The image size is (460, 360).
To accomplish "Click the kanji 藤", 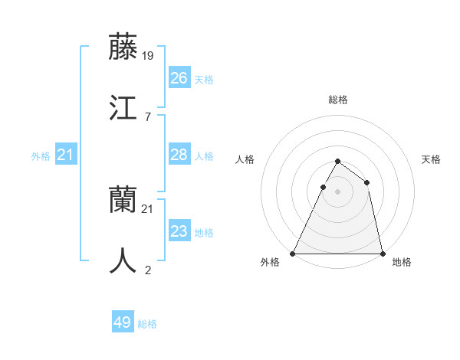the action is pos(123,47).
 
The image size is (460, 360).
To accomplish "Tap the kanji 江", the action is pos(123,108).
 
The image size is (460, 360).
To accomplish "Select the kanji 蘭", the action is pos(123,200).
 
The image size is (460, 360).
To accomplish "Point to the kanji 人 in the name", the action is pos(123,261).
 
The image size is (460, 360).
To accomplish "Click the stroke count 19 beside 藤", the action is pos(149,55).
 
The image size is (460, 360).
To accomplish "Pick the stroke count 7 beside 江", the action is pos(148,116).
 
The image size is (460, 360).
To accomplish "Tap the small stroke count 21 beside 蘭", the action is pos(149,208).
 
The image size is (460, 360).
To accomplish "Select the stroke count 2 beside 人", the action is pos(148,270).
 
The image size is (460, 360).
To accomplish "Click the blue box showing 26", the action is pos(179,78).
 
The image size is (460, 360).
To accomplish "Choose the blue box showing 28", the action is pos(179,155).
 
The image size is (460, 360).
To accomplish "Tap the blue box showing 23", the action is pos(179,231).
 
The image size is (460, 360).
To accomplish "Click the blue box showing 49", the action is pos(123,322).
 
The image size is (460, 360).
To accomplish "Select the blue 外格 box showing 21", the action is pos(66,155).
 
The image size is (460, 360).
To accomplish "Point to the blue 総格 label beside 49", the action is pos(148,324).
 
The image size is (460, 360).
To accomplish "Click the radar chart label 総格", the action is pos(338,100).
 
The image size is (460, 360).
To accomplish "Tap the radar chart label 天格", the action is pos(432,159).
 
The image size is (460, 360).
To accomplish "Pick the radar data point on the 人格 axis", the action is pos(323,187).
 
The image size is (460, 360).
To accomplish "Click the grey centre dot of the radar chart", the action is pos(337,191).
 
